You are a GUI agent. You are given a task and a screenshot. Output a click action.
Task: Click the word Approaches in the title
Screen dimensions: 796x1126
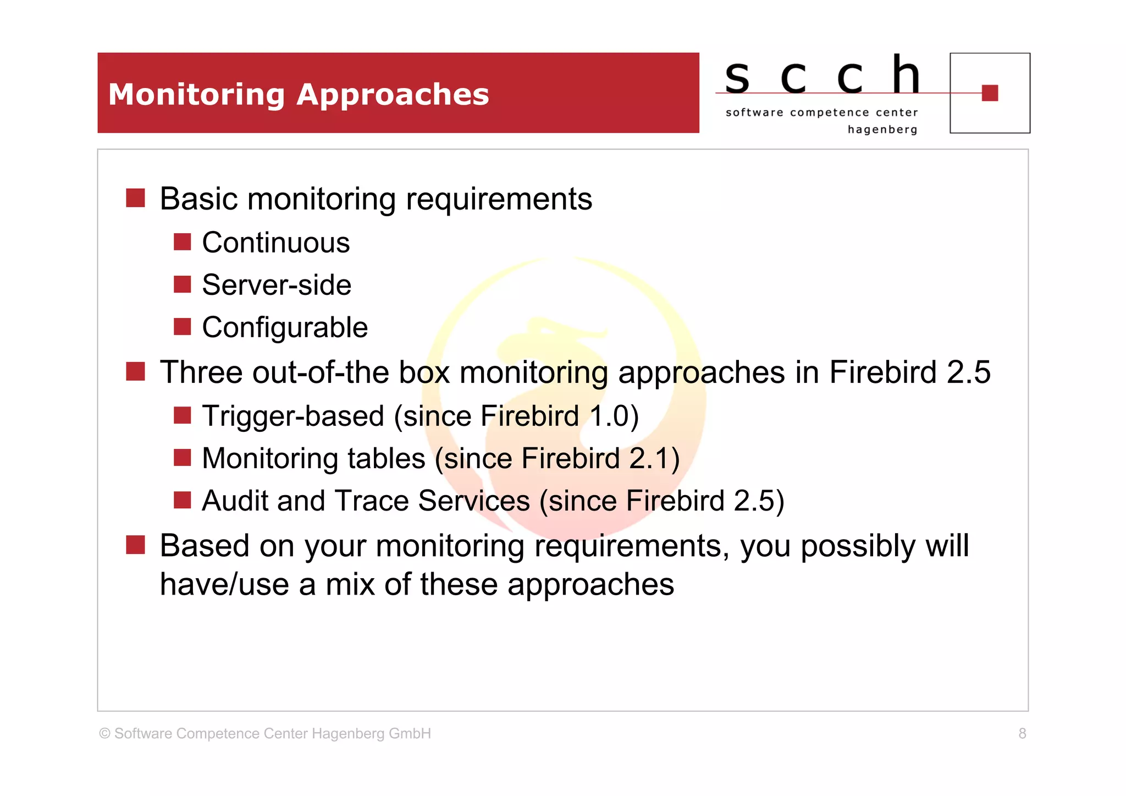tap(393, 95)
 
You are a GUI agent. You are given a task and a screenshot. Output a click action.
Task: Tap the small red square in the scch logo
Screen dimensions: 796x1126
tap(989, 93)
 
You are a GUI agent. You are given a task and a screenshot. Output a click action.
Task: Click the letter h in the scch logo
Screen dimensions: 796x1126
tap(906, 75)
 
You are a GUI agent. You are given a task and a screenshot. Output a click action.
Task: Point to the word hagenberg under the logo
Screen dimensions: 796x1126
tap(882, 130)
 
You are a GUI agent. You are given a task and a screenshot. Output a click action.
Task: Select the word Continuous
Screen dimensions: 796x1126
tap(275, 243)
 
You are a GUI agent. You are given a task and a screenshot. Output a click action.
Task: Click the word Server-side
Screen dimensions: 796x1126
tap(276, 285)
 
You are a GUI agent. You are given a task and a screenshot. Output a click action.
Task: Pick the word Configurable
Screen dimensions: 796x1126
tap(284, 328)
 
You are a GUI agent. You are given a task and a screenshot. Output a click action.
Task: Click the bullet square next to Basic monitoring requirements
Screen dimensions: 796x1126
tap(135, 198)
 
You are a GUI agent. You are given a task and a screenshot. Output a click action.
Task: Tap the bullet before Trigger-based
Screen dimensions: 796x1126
tap(182, 415)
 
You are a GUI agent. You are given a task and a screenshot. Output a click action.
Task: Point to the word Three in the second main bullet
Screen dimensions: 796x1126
tap(201, 372)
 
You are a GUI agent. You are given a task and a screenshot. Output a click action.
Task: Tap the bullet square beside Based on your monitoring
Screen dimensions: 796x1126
tap(135, 545)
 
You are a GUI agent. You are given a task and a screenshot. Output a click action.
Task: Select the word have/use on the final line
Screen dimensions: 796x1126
tap(224, 584)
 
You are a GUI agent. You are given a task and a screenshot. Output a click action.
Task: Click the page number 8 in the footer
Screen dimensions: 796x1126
tap(1022, 733)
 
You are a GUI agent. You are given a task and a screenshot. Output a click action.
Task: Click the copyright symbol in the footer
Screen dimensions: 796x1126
tap(104, 733)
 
